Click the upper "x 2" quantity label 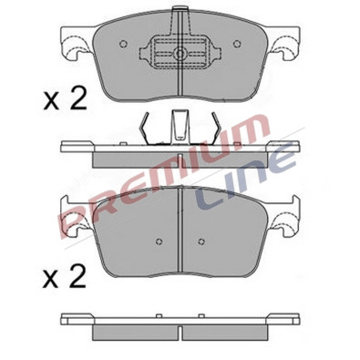(65, 98)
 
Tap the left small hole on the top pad (123, 44)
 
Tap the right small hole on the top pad (237, 44)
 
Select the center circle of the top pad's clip (180, 54)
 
